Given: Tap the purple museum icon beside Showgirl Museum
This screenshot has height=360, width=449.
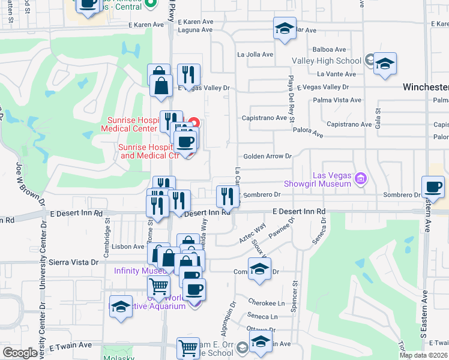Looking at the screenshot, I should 360,178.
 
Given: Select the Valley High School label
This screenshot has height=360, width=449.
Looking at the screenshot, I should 327,61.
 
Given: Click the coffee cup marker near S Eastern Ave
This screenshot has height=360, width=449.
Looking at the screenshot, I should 433,187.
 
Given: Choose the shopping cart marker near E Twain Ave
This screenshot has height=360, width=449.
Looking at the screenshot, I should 188,347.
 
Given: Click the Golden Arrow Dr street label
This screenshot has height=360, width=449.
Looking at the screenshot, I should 267,156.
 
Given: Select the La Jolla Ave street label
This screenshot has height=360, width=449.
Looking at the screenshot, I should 255,54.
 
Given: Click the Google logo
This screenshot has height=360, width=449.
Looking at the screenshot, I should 20,353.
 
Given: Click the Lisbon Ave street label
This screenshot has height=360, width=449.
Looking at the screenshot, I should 130,247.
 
